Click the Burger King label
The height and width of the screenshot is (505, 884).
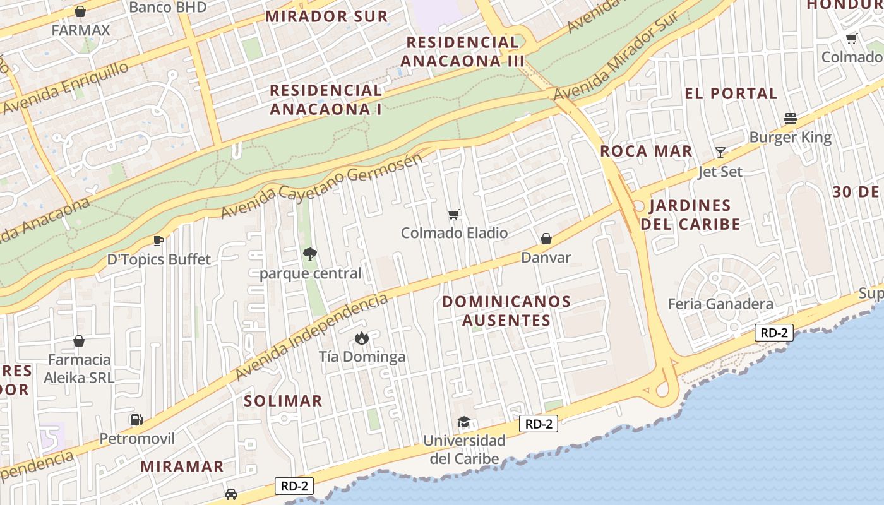790,137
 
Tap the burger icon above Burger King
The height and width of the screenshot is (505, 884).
790,119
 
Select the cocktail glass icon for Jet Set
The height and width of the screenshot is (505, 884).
720,152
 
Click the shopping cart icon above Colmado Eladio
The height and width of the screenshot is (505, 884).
454,215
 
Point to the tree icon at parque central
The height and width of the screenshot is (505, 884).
309,254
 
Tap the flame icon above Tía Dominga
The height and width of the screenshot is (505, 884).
361,338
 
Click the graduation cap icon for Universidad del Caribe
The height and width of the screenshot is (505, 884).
464,422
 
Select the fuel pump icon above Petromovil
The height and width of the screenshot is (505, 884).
136,419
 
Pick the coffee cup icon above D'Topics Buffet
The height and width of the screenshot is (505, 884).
158,241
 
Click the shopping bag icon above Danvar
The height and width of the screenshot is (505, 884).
546,239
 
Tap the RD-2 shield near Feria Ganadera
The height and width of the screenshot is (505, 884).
774,333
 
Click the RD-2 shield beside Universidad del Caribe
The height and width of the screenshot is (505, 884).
539,424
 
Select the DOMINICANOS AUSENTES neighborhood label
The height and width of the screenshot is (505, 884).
506,311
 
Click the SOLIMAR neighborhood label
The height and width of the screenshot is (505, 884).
283,401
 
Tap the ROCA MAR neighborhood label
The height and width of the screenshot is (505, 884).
646,151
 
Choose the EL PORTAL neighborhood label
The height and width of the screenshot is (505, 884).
731,93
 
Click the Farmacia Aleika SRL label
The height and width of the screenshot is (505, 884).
79,369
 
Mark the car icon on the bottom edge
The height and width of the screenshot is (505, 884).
231,494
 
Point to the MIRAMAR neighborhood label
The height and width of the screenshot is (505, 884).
182,466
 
